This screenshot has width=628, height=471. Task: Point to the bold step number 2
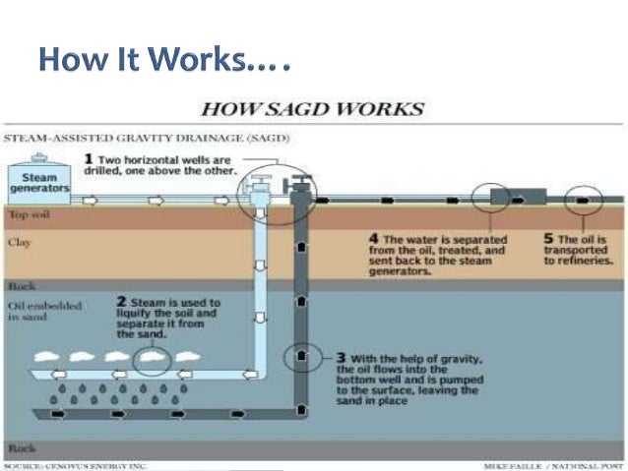pyautogui.click(x=120, y=302)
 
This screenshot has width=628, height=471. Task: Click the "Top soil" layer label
pyautogui.click(x=28, y=213)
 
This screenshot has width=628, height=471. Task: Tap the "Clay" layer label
pyautogui.click(x=19, y=240)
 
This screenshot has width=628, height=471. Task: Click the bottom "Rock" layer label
pyautogui.click(x=21, y=447)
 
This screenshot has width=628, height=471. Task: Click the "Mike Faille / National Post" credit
pyautogui.click(x=554, y=465)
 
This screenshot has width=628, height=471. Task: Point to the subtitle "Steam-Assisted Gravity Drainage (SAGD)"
pyautogui.click(x=147, y=140)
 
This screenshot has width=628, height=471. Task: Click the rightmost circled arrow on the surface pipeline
pyautogui.click(x=584, y=199)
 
